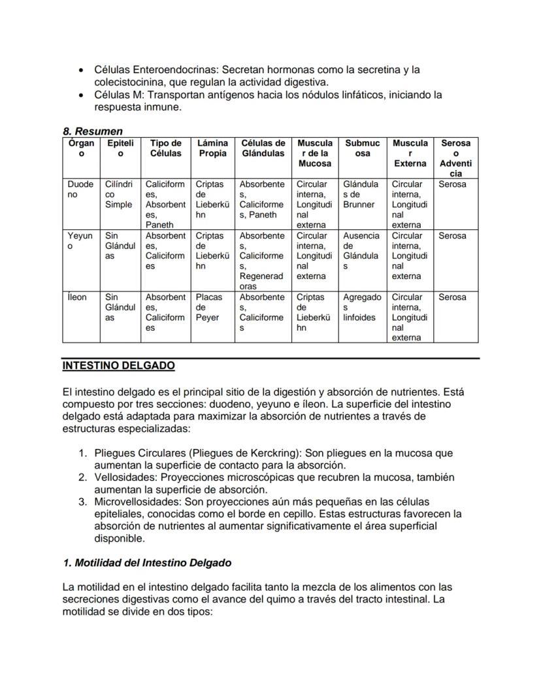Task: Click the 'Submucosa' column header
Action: tap(362, 148)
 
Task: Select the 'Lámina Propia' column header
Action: tap(212, 148)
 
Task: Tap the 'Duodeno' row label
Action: tap(80, 190)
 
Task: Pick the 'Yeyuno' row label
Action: tap(80, 241)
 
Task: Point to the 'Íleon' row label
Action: tap(76, 297)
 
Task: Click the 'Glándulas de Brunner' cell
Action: tap(361, 194)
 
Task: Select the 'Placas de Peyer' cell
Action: tap(209, 307)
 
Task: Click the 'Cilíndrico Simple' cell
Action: tap(119, 194)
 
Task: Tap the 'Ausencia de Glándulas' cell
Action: tap(361, 251)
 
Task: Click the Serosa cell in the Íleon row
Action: tap(452, 297)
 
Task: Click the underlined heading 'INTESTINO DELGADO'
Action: tap(118, 366)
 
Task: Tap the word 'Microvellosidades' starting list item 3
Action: tap(135, 501)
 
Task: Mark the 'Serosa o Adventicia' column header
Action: tap(455, 158)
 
